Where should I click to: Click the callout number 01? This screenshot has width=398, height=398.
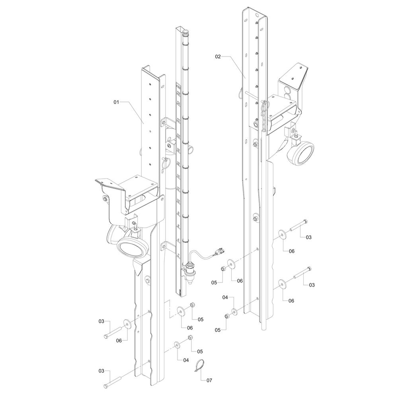tap(116, 102)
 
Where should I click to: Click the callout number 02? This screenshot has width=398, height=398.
tap(218, 57)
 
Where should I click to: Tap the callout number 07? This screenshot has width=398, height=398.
tap(209, 380)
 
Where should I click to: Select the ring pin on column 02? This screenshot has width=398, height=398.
tap(241, 94)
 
